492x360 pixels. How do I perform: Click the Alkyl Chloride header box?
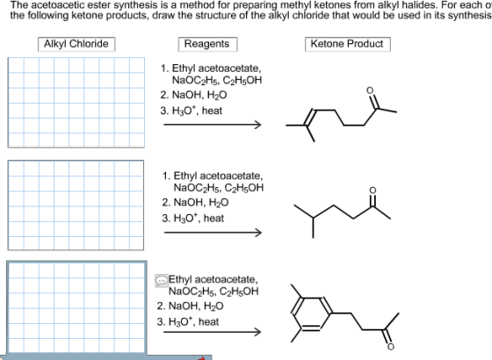tap(76, 44)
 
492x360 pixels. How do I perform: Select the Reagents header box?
tap(207, 44)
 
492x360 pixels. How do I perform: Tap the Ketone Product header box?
tap(348, 44)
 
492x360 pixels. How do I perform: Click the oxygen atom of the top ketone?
tap(370, 90)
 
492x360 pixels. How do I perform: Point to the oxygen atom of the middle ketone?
tap(373, 191)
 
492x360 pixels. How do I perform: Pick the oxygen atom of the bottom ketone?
tap(390, 347)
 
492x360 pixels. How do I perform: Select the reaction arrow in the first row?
tap(213, 125)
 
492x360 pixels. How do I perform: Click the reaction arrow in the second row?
tap(213, 233)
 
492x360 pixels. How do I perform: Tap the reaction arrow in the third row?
tap(212, 332)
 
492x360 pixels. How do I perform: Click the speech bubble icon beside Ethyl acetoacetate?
tap(162, 280)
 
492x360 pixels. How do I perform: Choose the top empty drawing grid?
tap(76, 103)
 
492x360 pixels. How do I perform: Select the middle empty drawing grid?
tap(76, 205)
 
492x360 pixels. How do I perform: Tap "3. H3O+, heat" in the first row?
tap(192, 111)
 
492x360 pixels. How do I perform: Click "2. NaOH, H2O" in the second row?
tap(195, 203)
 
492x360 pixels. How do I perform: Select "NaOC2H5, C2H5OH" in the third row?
tap(213, 292)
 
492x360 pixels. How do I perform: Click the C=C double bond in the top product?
tap(310, 118)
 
